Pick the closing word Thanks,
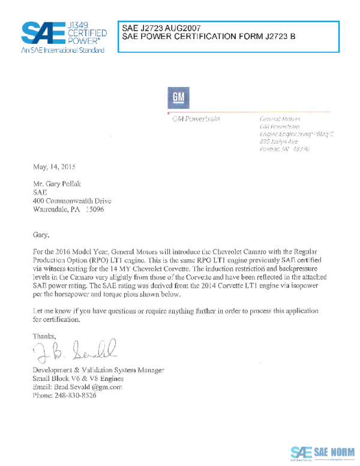(x=44, y=336)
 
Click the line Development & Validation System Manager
(x=98, y=369)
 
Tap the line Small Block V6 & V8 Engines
(x=78, y=378)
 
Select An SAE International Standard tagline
(x=63, y=50)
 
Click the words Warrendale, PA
(x=57, y=210)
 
